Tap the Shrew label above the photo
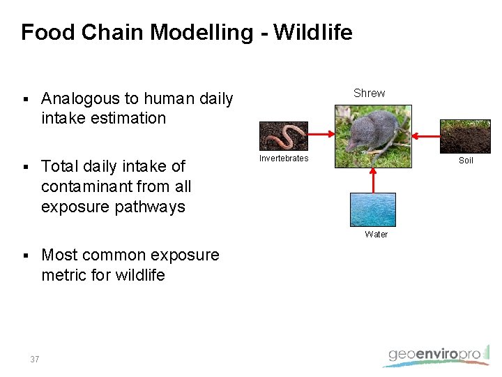click(369, 93)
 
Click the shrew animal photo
click(373, 136)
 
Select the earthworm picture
click(283, 136)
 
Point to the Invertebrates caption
click(284, 158)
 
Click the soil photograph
click(466, 136)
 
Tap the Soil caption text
click(466, 161)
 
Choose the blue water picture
click(372, 209)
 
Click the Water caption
click(376, 235)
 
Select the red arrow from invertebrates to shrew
click(321, 135)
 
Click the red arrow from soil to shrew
click(426, 135)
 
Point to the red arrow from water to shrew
click(373, 180)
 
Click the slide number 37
click(35, 360)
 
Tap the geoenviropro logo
click(435, 355)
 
